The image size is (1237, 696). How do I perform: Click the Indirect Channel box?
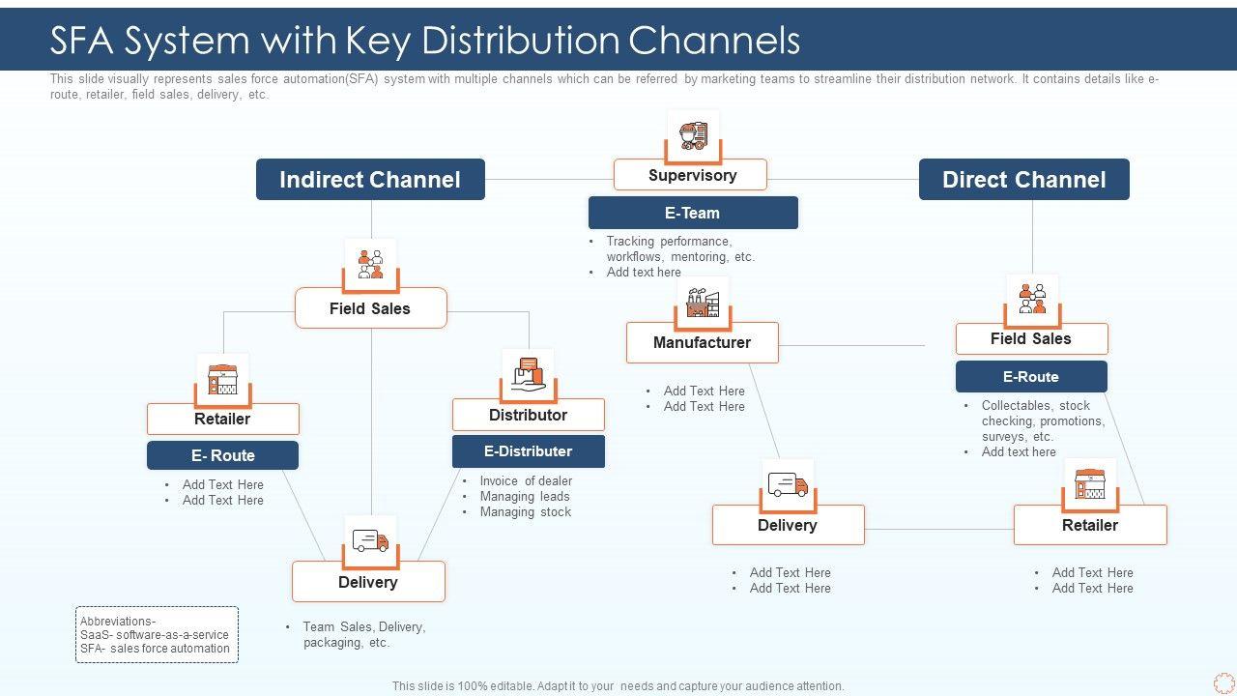[x=370, y=180]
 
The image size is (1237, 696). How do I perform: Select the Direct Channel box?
[x=1023, y=180]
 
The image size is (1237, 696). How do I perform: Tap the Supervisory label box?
[x=691, y=175]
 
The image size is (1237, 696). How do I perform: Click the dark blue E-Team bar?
[x=693, y=213]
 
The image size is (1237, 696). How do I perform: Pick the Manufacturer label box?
[x=702, y=342]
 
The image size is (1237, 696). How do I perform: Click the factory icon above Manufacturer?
[x=703, y=303]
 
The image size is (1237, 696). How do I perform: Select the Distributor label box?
[x=528, y=415]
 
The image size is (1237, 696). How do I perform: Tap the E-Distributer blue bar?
[x=528, y=451]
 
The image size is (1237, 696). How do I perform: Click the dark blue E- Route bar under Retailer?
[x=222, y=455]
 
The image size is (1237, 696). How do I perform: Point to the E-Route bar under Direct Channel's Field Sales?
[x=1031, y=377]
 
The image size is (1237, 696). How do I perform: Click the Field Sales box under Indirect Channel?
[x=370, y=308]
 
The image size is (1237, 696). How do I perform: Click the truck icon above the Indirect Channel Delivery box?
[x=370, y=541]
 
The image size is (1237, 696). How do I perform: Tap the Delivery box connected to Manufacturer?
[x=788, y=525]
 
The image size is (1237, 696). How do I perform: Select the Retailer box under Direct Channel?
[x=1090, y=525]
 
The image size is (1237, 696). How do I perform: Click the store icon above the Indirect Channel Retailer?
[x=222, y=379]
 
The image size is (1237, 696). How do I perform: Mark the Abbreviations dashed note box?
[x=157, y=634]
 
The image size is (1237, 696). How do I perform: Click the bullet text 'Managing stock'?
[x=526, y=511]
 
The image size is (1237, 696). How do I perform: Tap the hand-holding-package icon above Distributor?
[x=528, y=374]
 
